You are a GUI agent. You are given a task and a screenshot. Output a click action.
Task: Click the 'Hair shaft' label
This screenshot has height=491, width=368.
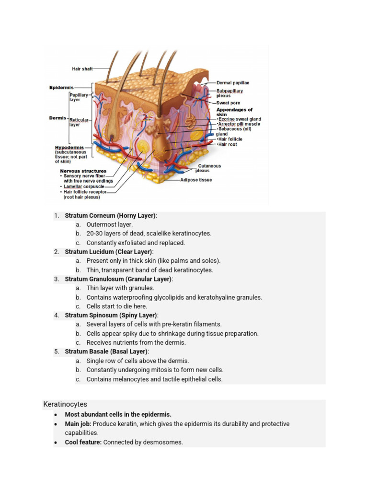[x=82, y=69]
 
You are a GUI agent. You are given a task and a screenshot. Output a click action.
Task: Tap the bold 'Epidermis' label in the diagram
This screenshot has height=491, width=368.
[x=61, y=87]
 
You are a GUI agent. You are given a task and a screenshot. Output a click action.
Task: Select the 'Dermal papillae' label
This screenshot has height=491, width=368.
[x=233, y=83]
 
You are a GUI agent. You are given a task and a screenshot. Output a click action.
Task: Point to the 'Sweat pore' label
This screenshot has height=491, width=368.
[x=228, y=103]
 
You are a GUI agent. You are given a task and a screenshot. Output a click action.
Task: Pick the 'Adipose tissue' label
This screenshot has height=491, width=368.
[x=196, y=180]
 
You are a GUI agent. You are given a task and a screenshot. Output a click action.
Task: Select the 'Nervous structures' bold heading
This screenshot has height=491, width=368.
[x=83, y=171]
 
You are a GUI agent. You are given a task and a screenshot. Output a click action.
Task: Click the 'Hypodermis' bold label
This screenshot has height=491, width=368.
[x=69, y=148]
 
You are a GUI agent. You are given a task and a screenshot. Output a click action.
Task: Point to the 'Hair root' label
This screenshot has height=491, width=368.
[x=228, y=144]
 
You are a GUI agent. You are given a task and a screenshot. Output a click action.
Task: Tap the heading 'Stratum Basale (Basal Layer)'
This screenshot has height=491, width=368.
[x=106, y=351]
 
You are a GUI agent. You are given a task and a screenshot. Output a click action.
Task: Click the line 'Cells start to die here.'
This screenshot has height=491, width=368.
[x=116, y=306]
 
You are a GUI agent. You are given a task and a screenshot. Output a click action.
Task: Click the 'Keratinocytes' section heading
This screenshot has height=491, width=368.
[x=65, y=404]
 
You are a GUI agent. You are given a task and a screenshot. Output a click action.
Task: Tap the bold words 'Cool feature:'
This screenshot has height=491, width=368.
[x=83, y=442]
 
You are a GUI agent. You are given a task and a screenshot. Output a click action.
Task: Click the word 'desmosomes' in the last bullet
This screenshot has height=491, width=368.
[x=165, y=442]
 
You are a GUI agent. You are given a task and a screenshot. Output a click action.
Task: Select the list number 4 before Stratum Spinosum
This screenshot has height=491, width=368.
[x=56, y=316]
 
